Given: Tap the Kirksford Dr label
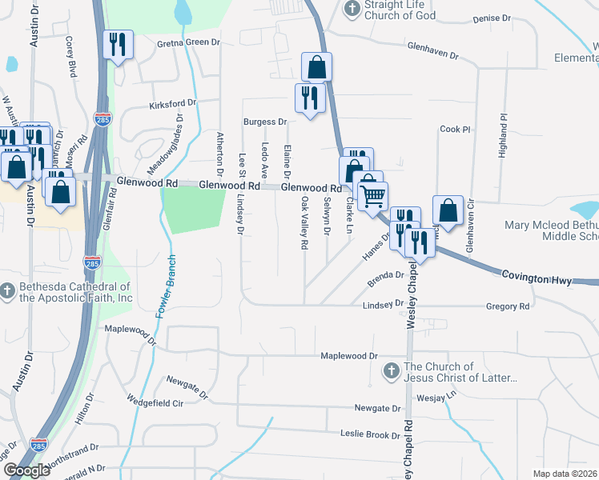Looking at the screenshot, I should click(x=173, y=104).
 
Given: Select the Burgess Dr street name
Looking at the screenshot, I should click(x=265, y=122).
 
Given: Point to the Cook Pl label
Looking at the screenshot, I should click(x=454, y=129).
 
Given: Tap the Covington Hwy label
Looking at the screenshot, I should click(x=533, y=275).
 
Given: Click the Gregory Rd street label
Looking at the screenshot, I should click(x=508, y=306).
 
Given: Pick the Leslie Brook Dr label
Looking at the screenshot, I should click(x=369, y=435).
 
